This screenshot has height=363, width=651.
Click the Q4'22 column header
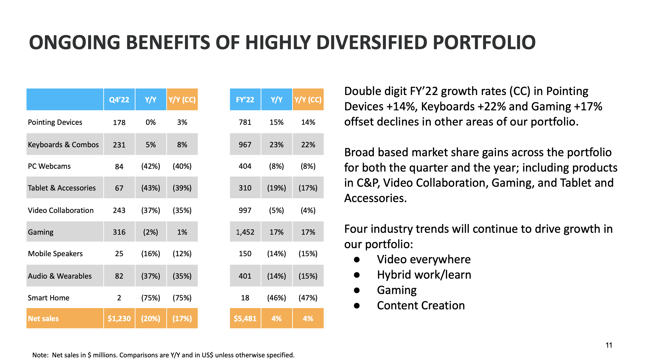[x=119, y=99]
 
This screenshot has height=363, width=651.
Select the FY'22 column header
[x=245, y=99]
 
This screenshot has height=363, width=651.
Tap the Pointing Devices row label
[x=55, y=122]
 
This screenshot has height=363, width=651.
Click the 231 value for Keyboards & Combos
[x=119, y=145]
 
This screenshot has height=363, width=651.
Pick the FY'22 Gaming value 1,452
[x=245, y=232]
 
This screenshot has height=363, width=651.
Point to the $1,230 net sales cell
[x=119, y=318]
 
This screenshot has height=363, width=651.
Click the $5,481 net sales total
[x=245, y=318]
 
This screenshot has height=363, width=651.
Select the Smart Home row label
[x=48, y=298]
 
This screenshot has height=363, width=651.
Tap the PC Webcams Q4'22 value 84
[x=119, y=166]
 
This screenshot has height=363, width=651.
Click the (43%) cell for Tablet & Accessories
[x=151, y=188]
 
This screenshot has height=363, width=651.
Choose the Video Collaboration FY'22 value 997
[x=245, y=210]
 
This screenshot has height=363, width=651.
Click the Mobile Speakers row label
[x=55, y=253]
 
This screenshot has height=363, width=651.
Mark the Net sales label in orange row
[x=43, y=318]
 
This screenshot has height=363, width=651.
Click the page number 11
[x=609, y=345]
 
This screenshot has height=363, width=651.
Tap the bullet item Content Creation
[x=421, y=305]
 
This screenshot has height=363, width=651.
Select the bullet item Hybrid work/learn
[x=424, y=275]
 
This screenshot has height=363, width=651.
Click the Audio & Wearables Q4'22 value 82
[x=119, y=276]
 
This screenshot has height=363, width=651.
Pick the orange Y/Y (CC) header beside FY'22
[x=308, y=99]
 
